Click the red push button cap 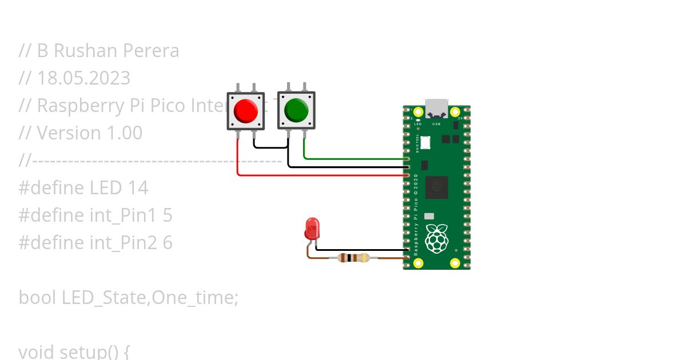click(246, 111)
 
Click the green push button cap click(296, 109)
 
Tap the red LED click(312, 228)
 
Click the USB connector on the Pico click(437, 108)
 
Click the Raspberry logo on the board click(437, 239)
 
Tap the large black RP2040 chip click(437, 187)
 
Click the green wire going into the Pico click(354, 158)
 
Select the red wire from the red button click(320, 175)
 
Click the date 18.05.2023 click(83, 78)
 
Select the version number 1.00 click(125, 133)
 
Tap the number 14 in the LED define click(137, 187)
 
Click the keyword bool click(38, 297)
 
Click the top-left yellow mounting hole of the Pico click(418, 112)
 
